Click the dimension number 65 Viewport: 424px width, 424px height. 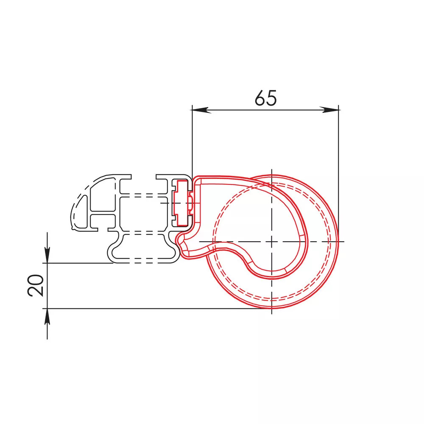point(266,98)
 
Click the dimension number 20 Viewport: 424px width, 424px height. point(36,285)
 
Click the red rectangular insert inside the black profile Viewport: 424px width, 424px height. point(181,203)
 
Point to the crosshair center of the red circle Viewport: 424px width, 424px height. point(271,242)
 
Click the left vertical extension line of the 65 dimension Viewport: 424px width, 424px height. point(192,142)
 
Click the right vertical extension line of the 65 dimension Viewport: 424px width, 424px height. point(338,173)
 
